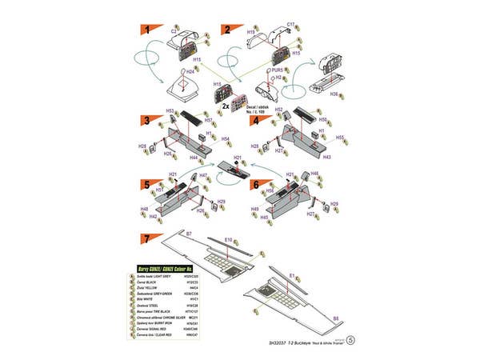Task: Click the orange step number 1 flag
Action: (x=148, y=30)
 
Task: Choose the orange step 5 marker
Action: (x=148, y=183)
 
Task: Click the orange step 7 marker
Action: (x=146, y=238)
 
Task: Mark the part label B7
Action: (x=189, y=233)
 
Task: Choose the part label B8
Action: (x=335, y=318)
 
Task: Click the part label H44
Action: (x=194, y=158)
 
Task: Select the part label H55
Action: (x=339, y=137)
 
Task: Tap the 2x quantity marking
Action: (x=204, y=105)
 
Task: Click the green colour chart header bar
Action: (x=168, y=266)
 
